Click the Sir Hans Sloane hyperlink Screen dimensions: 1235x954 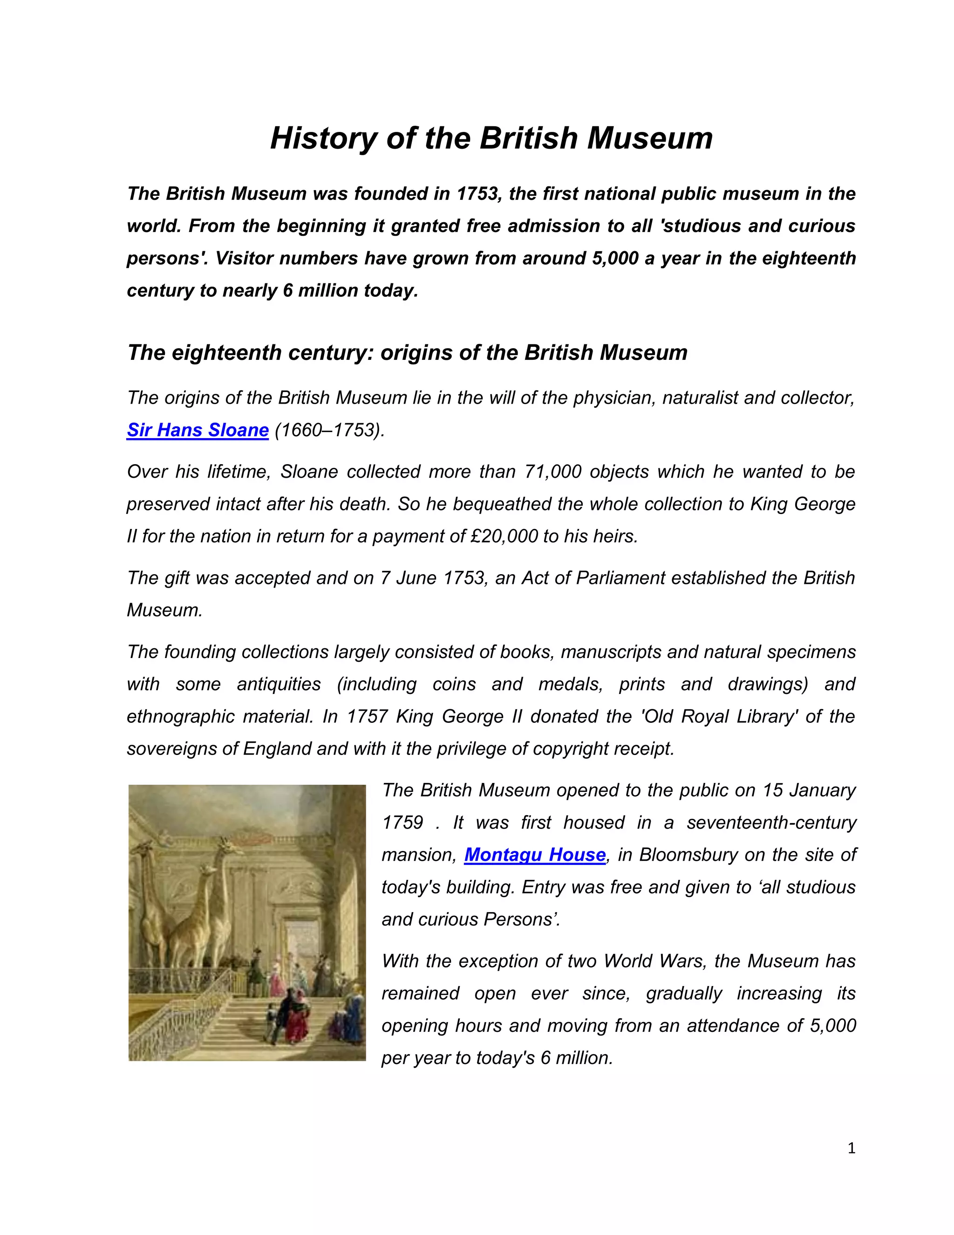[x=197, y=430]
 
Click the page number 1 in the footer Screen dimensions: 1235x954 [x=852, y=1148]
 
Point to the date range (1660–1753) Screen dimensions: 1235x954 [x=329, y=430]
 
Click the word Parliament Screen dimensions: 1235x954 [x=621, y=578]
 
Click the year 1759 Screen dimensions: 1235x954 [x=402, y=822]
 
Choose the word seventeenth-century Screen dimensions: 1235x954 [x=771, y=822]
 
